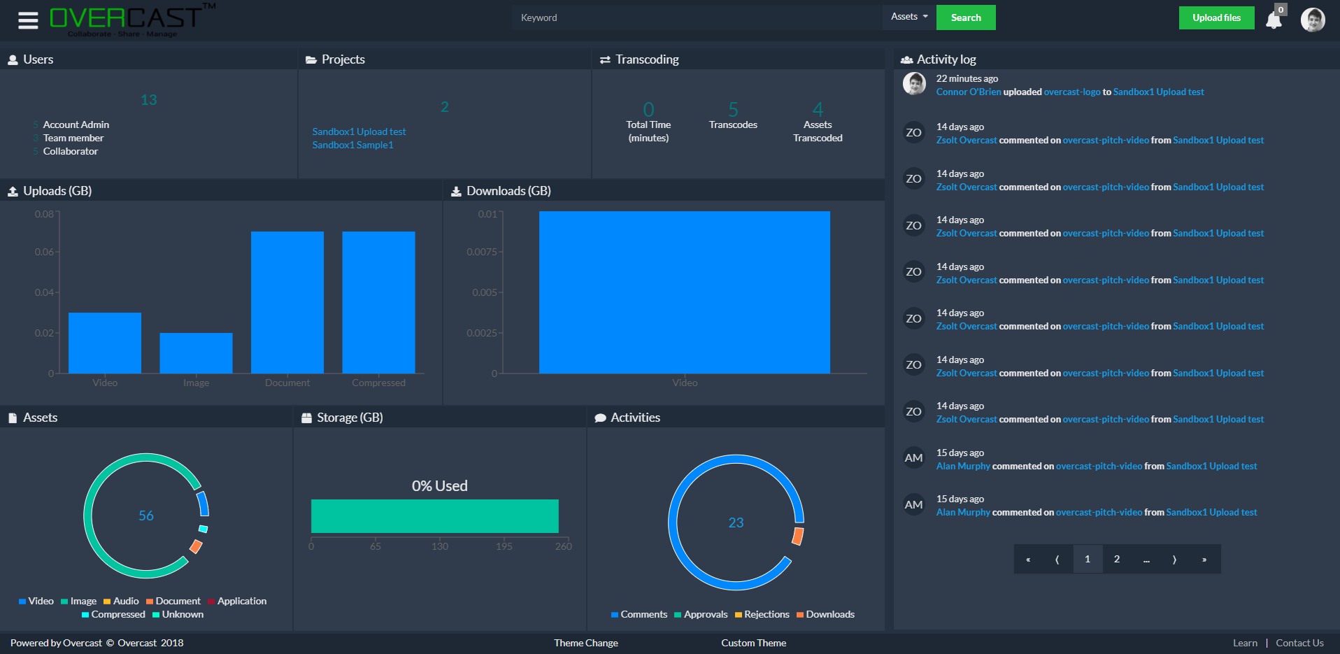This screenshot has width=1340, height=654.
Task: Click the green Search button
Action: click(965, 17)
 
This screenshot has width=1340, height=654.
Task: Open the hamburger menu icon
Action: click(28, 20)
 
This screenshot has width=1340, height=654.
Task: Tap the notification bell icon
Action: click(1274, 20)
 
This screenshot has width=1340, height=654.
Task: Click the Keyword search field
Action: click(696, 17)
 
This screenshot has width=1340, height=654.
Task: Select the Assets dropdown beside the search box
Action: click(908, 17)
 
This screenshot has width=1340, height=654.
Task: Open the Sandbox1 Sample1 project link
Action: click(352, 145)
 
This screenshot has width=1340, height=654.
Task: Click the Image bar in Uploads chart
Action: click(196, 353)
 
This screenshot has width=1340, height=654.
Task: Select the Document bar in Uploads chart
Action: click(287, 302)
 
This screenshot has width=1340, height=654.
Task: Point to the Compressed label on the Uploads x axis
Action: click(378, 383)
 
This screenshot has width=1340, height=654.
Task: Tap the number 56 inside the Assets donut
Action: click(146, 516)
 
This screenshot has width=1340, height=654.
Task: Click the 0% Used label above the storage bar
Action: click(439, 486)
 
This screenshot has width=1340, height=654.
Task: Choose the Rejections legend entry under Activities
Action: click(766, 614)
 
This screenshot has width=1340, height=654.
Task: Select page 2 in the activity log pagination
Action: click(1116, 559)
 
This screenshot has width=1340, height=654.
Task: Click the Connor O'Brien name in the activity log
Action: click(968, 92)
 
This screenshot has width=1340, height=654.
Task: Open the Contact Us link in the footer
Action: click(1299, 643)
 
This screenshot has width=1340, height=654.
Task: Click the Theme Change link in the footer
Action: click(585, 643)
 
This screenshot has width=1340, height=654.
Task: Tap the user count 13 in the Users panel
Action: click(149, 100)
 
